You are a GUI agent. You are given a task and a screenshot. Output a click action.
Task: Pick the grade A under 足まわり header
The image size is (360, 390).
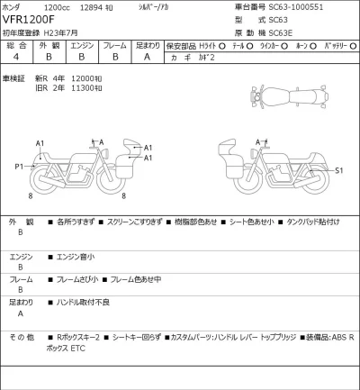coord(148,56)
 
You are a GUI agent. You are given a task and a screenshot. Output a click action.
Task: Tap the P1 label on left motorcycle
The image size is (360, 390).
coord(19,167)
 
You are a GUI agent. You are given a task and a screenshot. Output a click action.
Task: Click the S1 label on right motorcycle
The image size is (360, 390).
coord(338,169)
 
